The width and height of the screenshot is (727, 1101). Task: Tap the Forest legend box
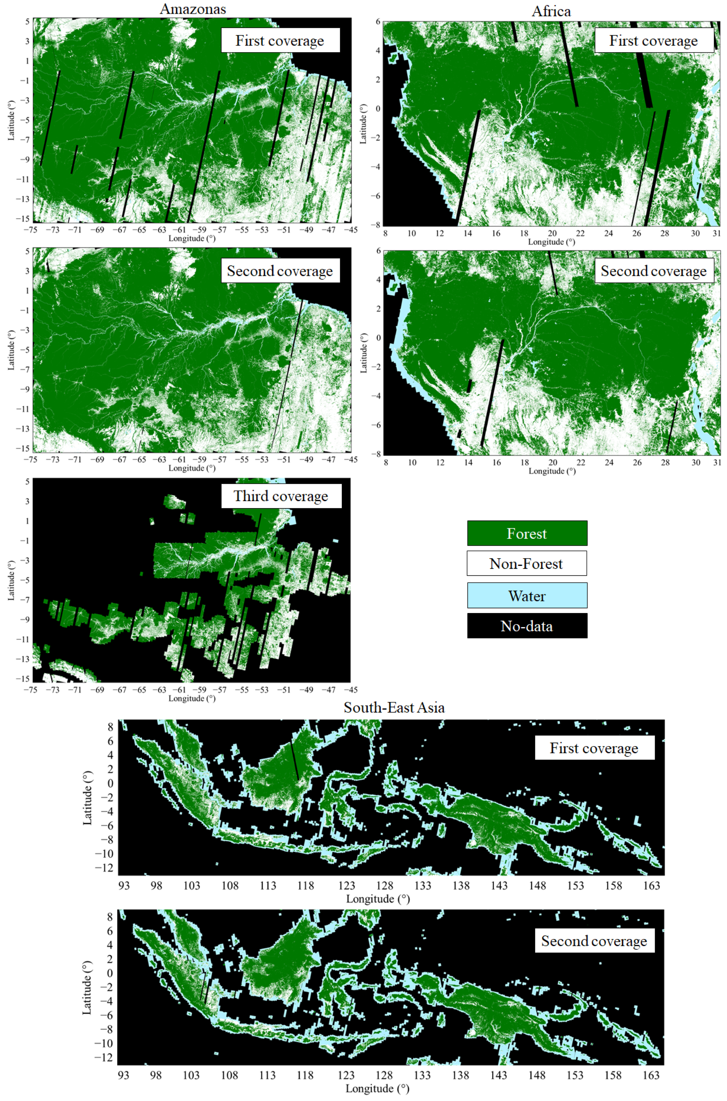pos(527,534)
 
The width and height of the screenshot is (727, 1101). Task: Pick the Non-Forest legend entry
pos(527,564)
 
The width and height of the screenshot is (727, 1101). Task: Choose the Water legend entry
pos(527,596)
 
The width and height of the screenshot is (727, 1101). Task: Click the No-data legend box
pos(527,626)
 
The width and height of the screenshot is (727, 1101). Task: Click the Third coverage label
pos(281,496)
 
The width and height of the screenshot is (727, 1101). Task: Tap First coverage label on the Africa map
pos(653,41)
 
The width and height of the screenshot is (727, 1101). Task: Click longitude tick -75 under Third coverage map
pos(31,690)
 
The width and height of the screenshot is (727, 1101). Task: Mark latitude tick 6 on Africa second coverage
pos(378,251)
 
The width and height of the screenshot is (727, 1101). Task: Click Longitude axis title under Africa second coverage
pos(552,471)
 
